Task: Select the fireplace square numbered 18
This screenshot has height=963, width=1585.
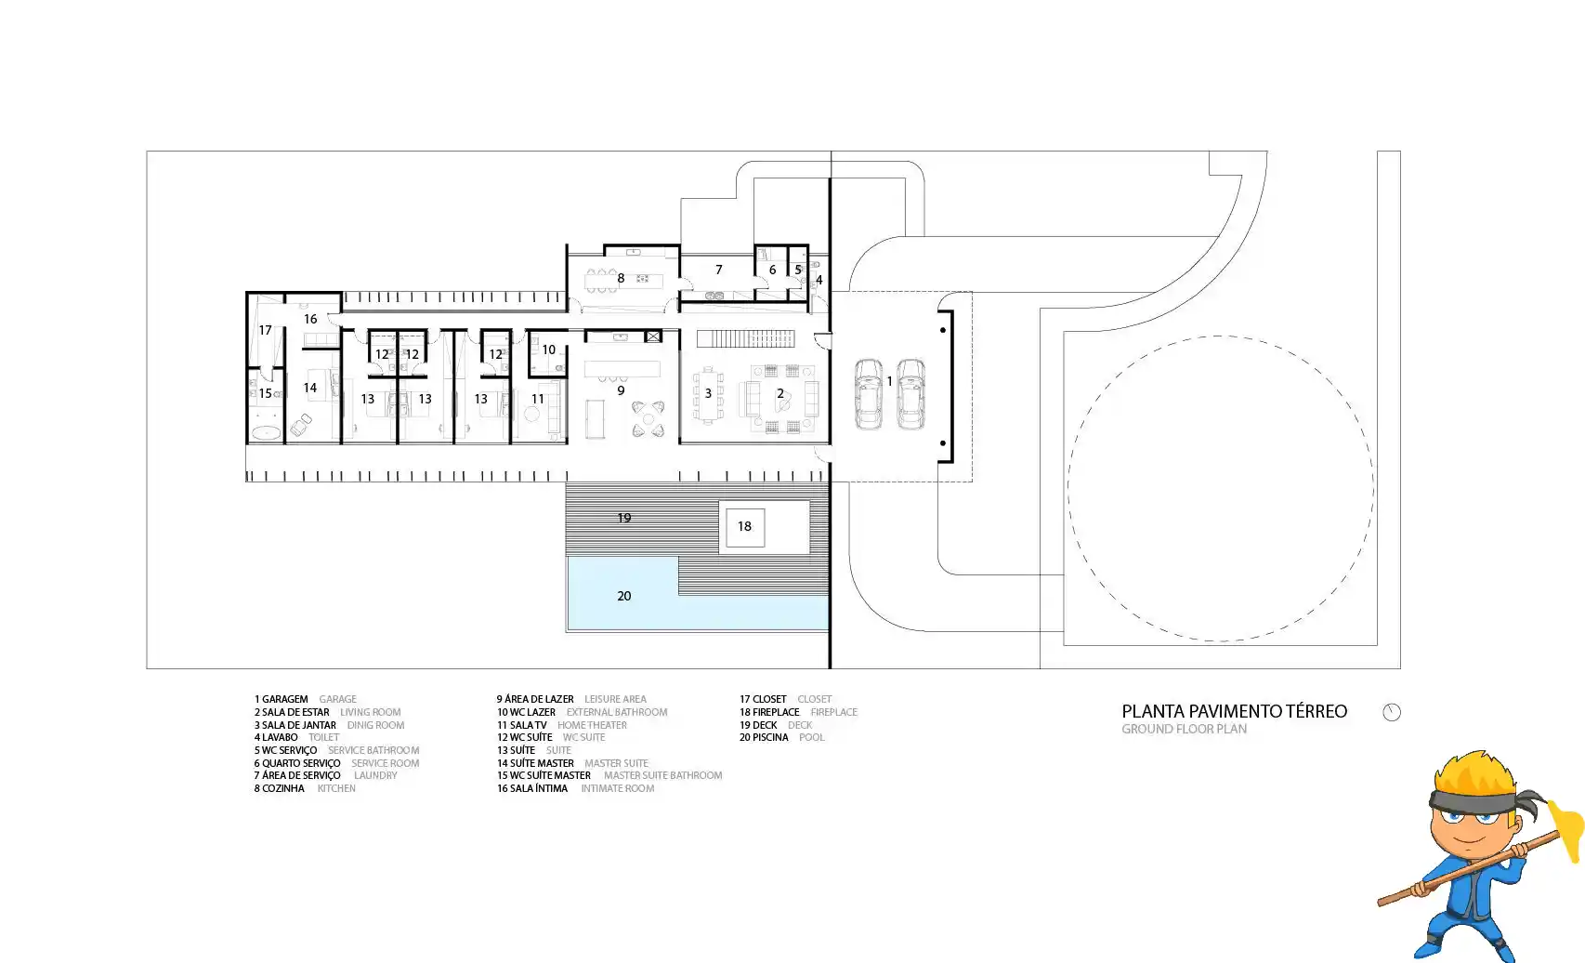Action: (744, 527)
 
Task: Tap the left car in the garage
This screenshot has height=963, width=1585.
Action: (868, 394)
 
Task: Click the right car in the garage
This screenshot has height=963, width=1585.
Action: (910, 394)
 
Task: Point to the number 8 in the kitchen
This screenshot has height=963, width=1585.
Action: (621, 278)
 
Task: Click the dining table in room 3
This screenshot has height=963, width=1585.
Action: (708, 395)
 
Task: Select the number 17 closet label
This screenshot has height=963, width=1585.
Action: (266, 330)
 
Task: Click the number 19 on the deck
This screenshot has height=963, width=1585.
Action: (624, 519)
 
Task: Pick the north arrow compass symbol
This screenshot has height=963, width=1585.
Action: (1391, 712)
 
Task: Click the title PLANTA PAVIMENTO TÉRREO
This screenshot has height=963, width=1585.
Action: (1234, 712)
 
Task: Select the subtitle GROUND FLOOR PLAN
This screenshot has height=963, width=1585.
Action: (1184, 730)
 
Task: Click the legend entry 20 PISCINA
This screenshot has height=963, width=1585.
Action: (764, 738)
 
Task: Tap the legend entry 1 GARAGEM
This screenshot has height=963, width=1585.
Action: (281, 700)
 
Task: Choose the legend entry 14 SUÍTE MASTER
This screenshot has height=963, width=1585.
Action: (535, 763)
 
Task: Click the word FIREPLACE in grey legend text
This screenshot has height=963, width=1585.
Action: (833, 712)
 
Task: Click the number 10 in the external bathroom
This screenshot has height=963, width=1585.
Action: (548, 350)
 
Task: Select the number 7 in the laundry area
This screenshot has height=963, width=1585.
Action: (719, 270)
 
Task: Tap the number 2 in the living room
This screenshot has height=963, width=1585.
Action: (780, 393)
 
